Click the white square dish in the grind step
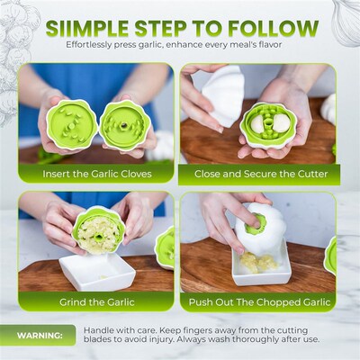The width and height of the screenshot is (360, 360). (x=99, y=270)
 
